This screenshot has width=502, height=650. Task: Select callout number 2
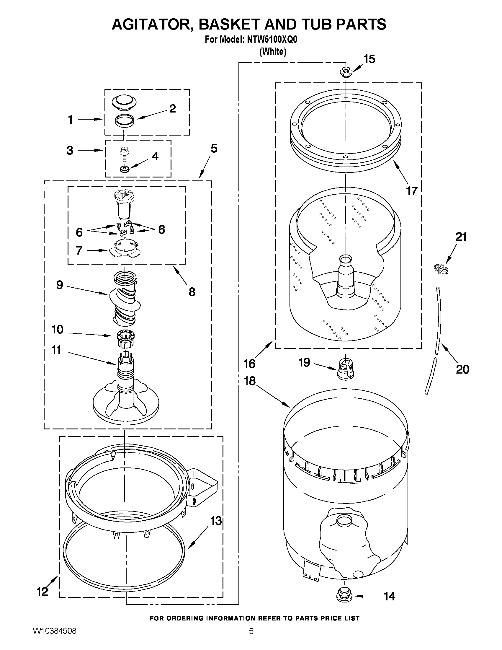(172, 109)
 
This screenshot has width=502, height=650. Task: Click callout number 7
(79, 250)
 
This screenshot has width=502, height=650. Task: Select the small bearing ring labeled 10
(125, 338)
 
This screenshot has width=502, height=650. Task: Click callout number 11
(56, 350)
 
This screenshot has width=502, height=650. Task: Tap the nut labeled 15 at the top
(345, 72)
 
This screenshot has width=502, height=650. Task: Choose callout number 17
(412, 190)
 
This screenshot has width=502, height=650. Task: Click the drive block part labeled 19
(345, 369)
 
